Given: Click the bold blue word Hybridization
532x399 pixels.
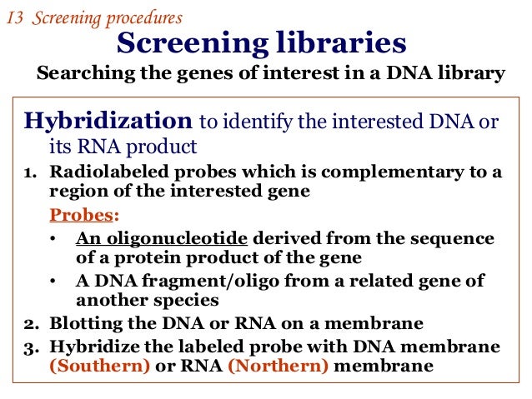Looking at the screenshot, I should [x=108, y=122].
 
